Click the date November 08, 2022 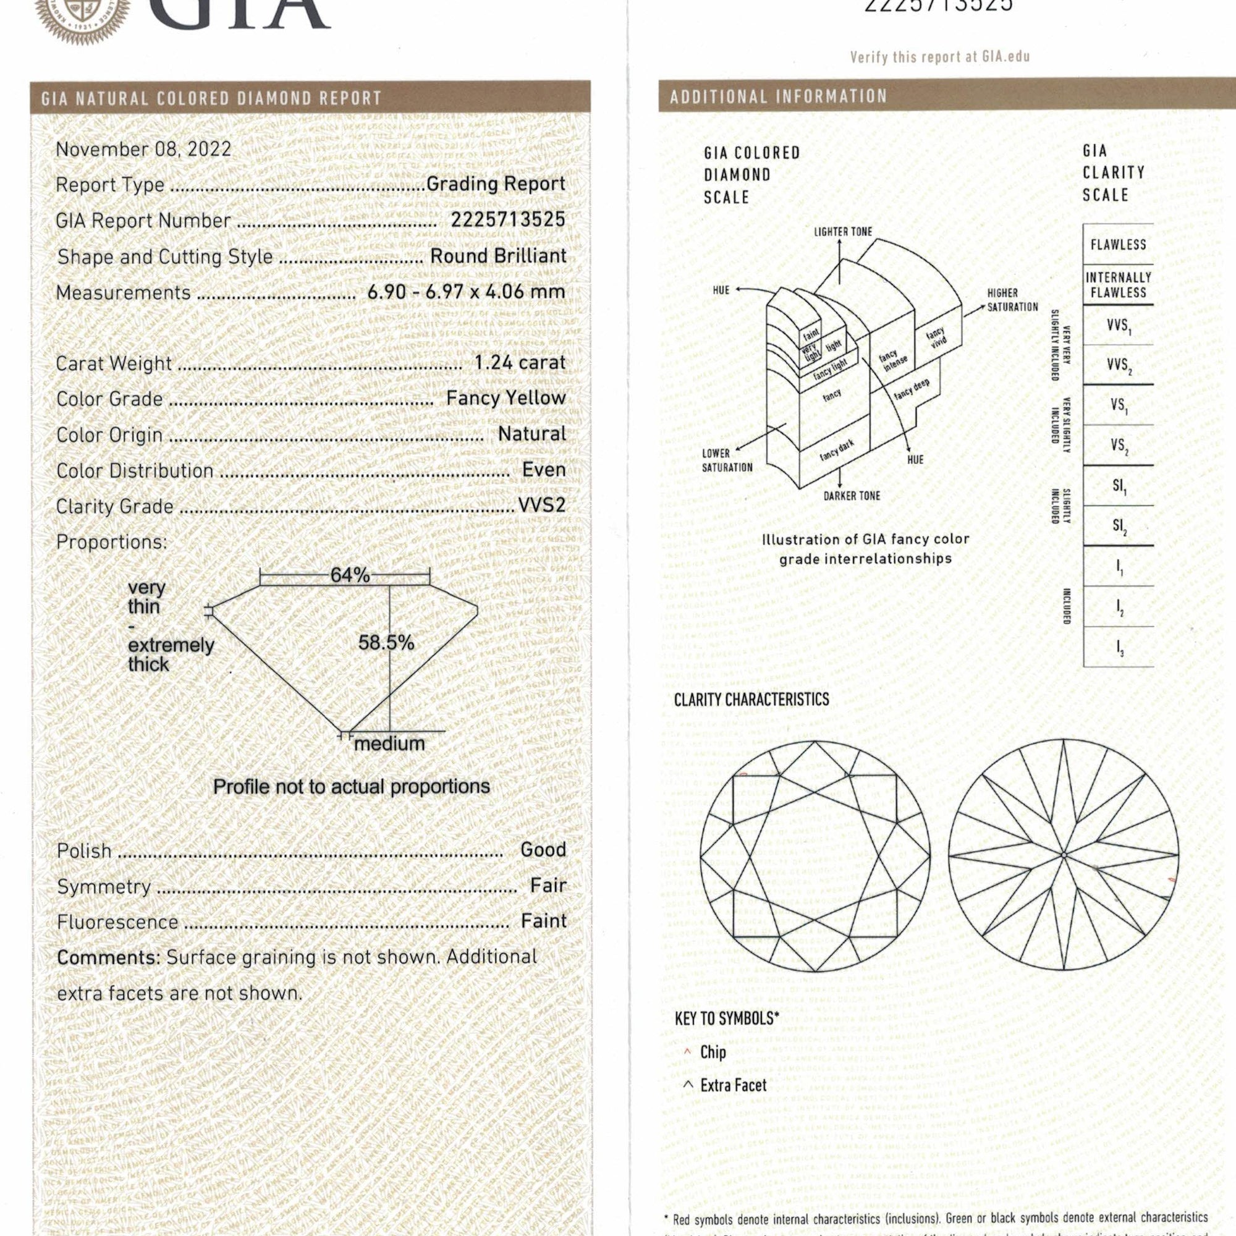[x=143, y=149]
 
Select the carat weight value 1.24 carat [x=520, y=363]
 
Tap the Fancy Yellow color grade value [x=506, y=398]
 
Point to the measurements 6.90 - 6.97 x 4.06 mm [x=466, y=292]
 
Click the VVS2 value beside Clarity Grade [x=541, y=506]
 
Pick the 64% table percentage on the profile [x=349, y=575]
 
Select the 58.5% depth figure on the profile [x=386, y=642]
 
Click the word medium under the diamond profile [x=389, y=743]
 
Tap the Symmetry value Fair [x=548, y=886]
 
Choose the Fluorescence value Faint [x=544, y=921]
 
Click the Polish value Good [x=543, y=850]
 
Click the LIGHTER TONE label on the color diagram [x=842, y=232]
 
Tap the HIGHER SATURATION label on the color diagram [x=1012, y=299]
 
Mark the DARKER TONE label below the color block [x=852, y=496]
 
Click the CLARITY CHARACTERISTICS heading [x=751, y=699]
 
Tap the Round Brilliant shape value [x=497, y=256]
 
